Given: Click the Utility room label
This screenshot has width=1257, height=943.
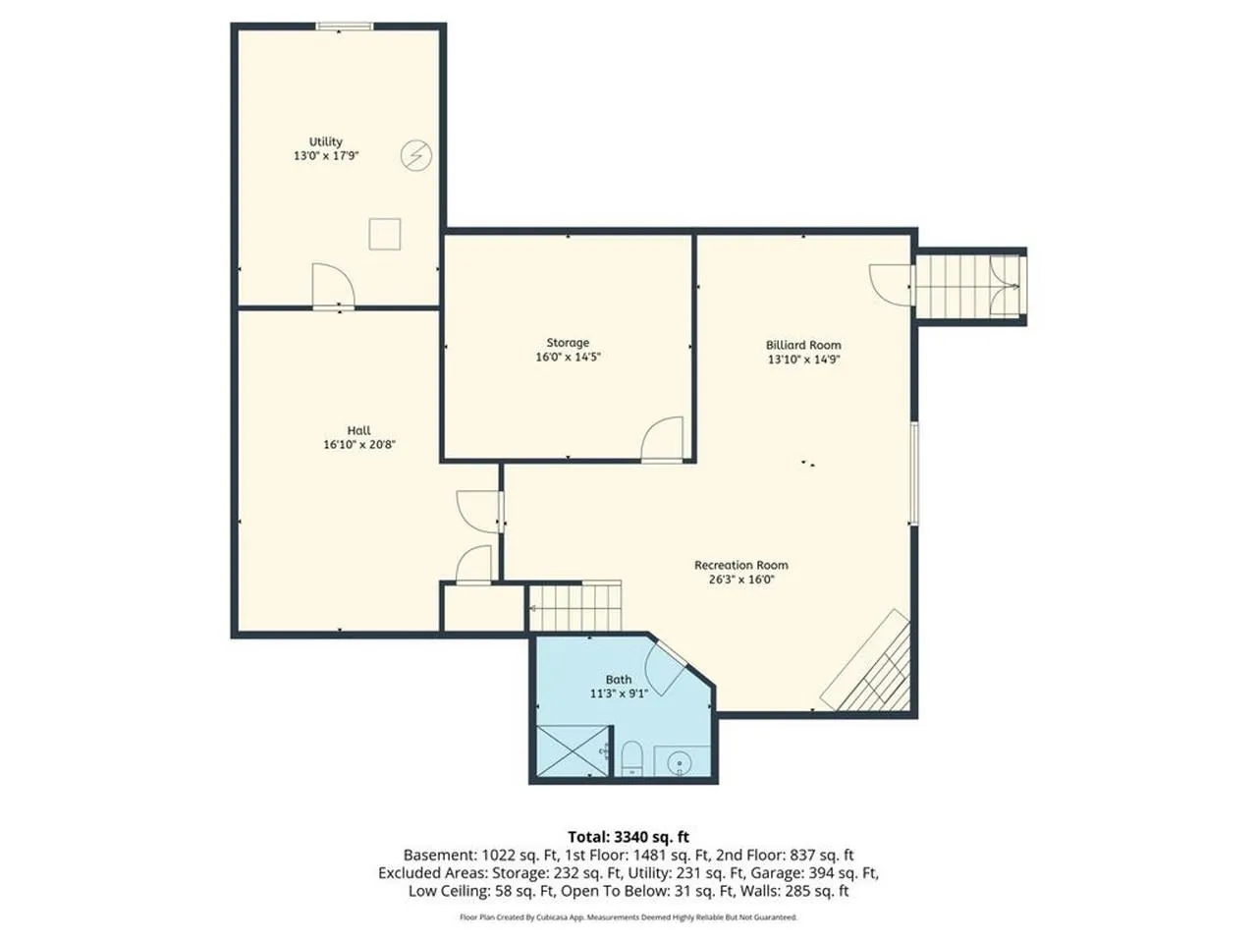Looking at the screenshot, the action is click(325, 141).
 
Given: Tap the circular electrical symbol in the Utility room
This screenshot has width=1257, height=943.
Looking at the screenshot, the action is click(415, 155).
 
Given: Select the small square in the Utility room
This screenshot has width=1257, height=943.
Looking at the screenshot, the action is click(384, 234).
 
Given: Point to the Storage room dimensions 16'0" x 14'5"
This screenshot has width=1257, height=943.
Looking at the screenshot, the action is click(568, 357).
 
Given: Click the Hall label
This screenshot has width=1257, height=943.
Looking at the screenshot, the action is click(358, 430).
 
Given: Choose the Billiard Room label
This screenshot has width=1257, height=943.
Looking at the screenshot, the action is click(803, 345).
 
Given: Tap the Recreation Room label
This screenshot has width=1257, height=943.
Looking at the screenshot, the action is click(741, 565).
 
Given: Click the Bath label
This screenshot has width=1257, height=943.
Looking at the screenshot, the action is click(619, 679).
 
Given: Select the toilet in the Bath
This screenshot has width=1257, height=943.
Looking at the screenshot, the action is click(631, 758).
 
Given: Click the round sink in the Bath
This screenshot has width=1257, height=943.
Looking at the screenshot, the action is click(680, 763).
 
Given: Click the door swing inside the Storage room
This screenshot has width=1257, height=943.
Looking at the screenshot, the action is click(662, 438).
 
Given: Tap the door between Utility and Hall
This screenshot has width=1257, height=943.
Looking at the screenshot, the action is click(333, 285).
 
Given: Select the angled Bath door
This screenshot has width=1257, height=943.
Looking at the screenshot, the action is click(665, 668).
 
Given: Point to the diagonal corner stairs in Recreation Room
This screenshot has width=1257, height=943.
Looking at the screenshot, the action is click(866, 661).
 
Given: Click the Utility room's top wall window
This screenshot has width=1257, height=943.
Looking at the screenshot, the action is click(345, 26).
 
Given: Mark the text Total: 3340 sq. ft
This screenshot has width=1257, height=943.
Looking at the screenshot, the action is click(628, 837).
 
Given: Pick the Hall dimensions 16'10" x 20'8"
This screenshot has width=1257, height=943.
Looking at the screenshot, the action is click(359, 444).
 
